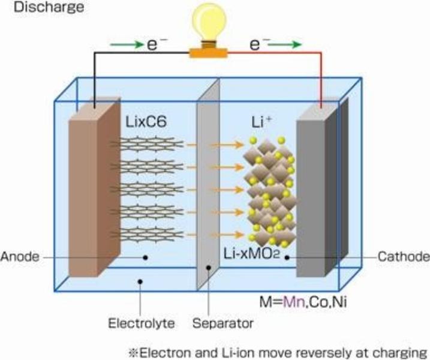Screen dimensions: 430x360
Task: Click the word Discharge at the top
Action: click(x=49, y=7)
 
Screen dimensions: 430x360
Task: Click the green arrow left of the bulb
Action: click(x=127, y=44)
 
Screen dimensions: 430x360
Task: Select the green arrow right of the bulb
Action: click(x=284, y=44)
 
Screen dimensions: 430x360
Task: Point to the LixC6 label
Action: click(x=146, y=122)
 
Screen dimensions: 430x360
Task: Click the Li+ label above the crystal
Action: click(x=261, y=122)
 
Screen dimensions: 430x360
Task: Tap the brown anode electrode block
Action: click(x=95, y=187)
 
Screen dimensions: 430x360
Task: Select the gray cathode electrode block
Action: click(x=323, y=187)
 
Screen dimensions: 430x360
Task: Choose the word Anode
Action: click(x=20, y=257)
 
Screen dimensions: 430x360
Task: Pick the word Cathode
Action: click(x=404, y=257)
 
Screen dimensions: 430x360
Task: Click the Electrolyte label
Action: click(x=141, y=323)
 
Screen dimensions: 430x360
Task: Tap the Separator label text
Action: click(x=222, y=323)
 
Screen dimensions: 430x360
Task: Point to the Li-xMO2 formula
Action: click(x=251, y=254)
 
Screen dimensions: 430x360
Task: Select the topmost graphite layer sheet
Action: click(x=147, y=145)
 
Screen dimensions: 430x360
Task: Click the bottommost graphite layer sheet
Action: click(x=147, y=235)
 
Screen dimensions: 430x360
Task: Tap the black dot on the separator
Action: click(x=209, y=268)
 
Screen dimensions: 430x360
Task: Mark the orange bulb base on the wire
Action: click(x=209, y=53)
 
